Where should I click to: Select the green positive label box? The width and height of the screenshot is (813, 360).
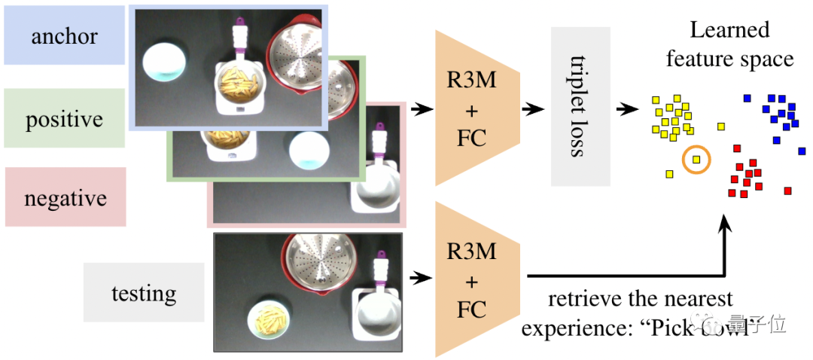(x=64, y=118)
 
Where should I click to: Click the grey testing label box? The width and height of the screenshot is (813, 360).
(x=143, y=292)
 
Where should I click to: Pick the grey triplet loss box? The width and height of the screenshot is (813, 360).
(x=580, y=106)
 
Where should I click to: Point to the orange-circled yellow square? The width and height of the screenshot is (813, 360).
(x=696, y=159)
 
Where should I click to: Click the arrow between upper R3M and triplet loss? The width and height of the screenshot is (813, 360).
(x=534, y=108)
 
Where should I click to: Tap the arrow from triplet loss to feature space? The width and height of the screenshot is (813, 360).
(x=626, y=108)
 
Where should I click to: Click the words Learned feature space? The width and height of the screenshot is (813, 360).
(x=729, y=44)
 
